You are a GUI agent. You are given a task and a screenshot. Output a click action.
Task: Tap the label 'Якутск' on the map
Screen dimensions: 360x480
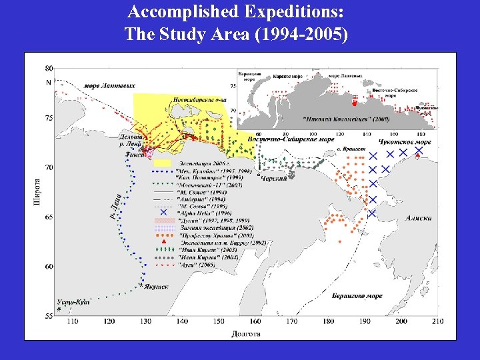click(x=155, y=287)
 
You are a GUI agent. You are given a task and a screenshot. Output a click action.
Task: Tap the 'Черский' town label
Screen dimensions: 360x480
click(x=274, y=179)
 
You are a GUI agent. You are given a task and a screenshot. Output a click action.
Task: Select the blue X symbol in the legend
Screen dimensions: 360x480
click(x=163, y=211)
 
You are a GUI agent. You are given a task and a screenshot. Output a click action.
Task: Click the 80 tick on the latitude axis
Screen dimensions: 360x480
click(x=49, y=68)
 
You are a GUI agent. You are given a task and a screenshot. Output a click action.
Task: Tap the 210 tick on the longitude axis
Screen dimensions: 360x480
click(x=437, y=322)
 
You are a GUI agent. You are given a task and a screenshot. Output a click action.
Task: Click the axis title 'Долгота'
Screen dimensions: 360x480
click(x=246, y=333)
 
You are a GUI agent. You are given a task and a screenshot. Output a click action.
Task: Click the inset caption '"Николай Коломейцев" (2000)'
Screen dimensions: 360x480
click(x=346, y=119)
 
